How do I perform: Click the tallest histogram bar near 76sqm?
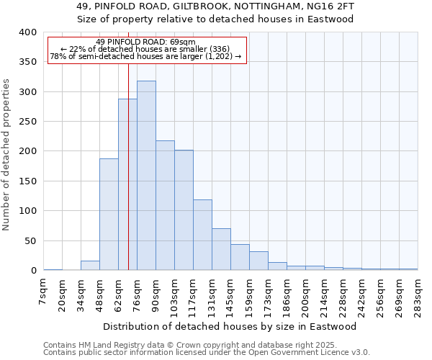pyautogui.click(x=146, y=176)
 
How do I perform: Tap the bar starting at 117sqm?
pyautogui.click(x=202, y=235)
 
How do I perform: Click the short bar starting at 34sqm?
pyautogui.click(x=90, y=266)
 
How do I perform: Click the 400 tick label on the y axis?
pyautogui.click(x=28, y=32)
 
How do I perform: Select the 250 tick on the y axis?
pyautogui.click(x=28, y=122)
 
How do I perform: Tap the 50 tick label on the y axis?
pyautogui.click(x=31, y=240)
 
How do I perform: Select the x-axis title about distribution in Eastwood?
pyautogui.click(x=230, y=326)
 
